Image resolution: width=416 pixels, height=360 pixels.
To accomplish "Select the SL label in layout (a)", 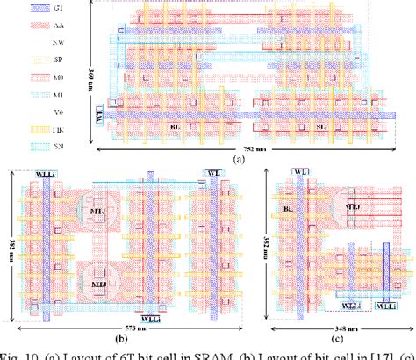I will point(322,126).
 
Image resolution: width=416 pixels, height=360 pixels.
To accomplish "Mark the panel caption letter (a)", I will point(237,160).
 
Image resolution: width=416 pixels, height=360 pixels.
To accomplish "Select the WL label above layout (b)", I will point(212,171).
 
